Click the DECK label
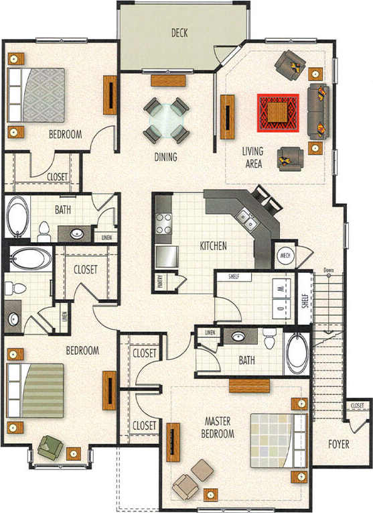[x=179, y=32]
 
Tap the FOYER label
[x=341, y=444]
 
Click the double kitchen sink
[x=246, y=219]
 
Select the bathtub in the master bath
[x=296, y=353]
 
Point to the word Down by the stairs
[x=328, y=271]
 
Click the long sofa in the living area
[x=317, y=109]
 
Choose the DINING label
[x=165, y=158]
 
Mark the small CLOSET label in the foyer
[x=357, y=406]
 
